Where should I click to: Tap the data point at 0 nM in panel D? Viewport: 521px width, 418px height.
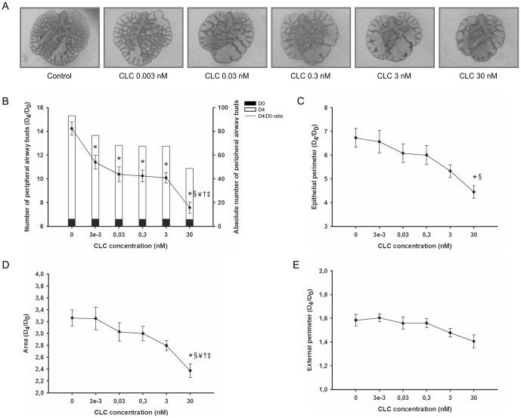pos(72,317)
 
